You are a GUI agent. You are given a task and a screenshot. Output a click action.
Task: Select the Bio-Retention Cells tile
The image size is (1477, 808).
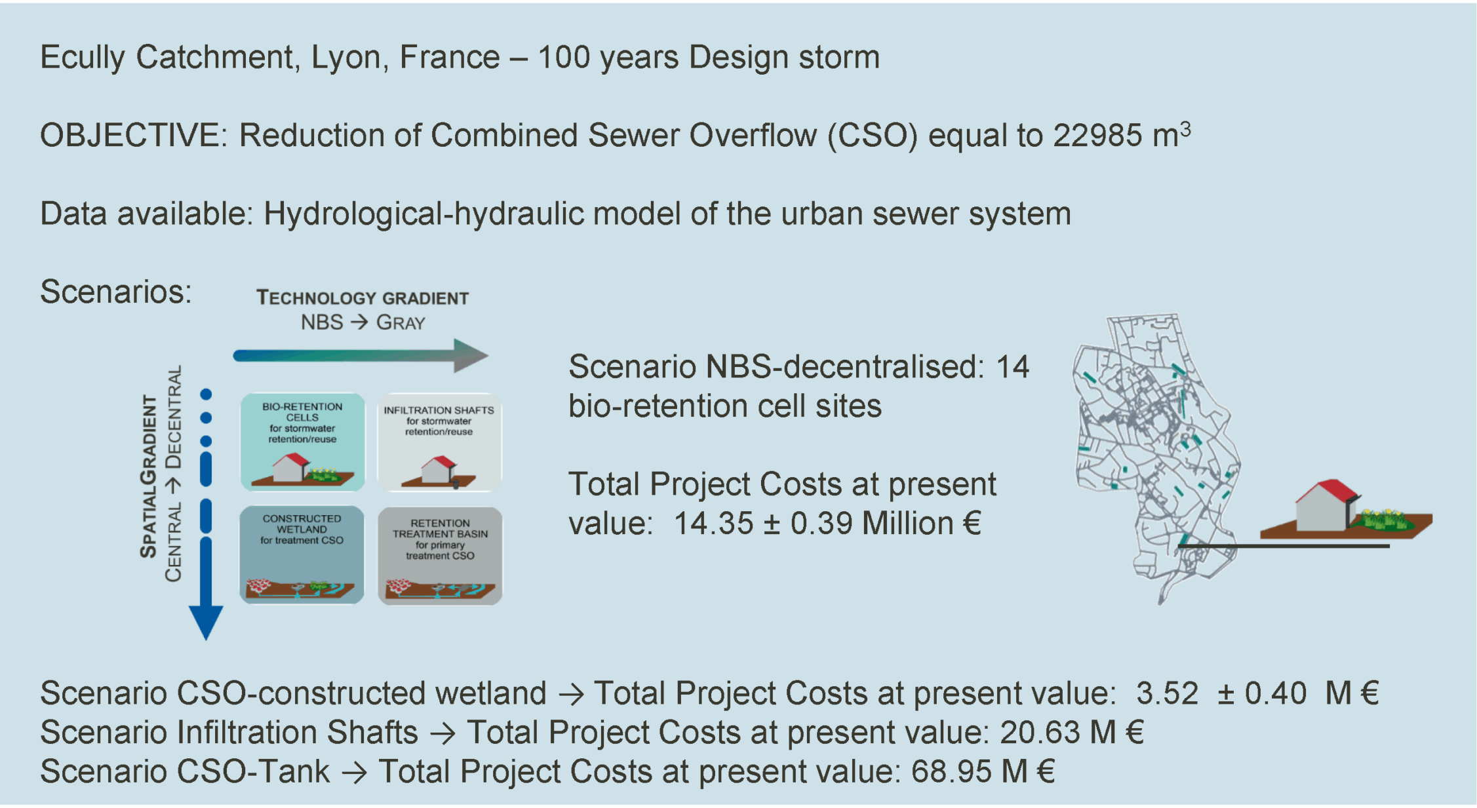point(302,442)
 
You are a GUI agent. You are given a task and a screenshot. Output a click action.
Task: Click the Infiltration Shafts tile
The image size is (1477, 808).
point(439,442)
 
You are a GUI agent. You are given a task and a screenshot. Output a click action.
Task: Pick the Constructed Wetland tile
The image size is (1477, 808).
point(302,554)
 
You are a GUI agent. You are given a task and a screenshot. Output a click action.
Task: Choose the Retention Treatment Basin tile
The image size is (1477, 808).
point(440,555)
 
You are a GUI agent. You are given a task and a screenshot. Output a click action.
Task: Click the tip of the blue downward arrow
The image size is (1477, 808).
point(206,640)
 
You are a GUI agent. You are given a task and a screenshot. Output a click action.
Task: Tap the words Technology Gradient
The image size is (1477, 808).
point(363,298)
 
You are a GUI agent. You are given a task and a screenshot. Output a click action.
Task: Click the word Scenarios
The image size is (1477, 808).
point(115,292)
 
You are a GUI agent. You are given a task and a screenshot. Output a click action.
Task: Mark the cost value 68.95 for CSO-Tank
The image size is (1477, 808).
point(951,771)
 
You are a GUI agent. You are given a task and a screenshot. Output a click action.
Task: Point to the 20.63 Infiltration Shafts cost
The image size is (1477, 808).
point(1040,733)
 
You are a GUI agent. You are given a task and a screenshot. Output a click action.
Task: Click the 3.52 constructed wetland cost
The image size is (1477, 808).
point(1167,693)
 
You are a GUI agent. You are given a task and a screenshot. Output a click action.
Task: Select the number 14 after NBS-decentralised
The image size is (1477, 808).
point(1013,367)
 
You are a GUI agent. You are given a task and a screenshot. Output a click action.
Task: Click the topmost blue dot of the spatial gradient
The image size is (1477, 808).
point(206,394)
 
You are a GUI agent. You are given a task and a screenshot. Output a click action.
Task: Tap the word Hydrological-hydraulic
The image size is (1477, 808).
point(423,214)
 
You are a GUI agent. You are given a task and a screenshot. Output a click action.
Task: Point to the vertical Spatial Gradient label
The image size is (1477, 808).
point(149,476)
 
